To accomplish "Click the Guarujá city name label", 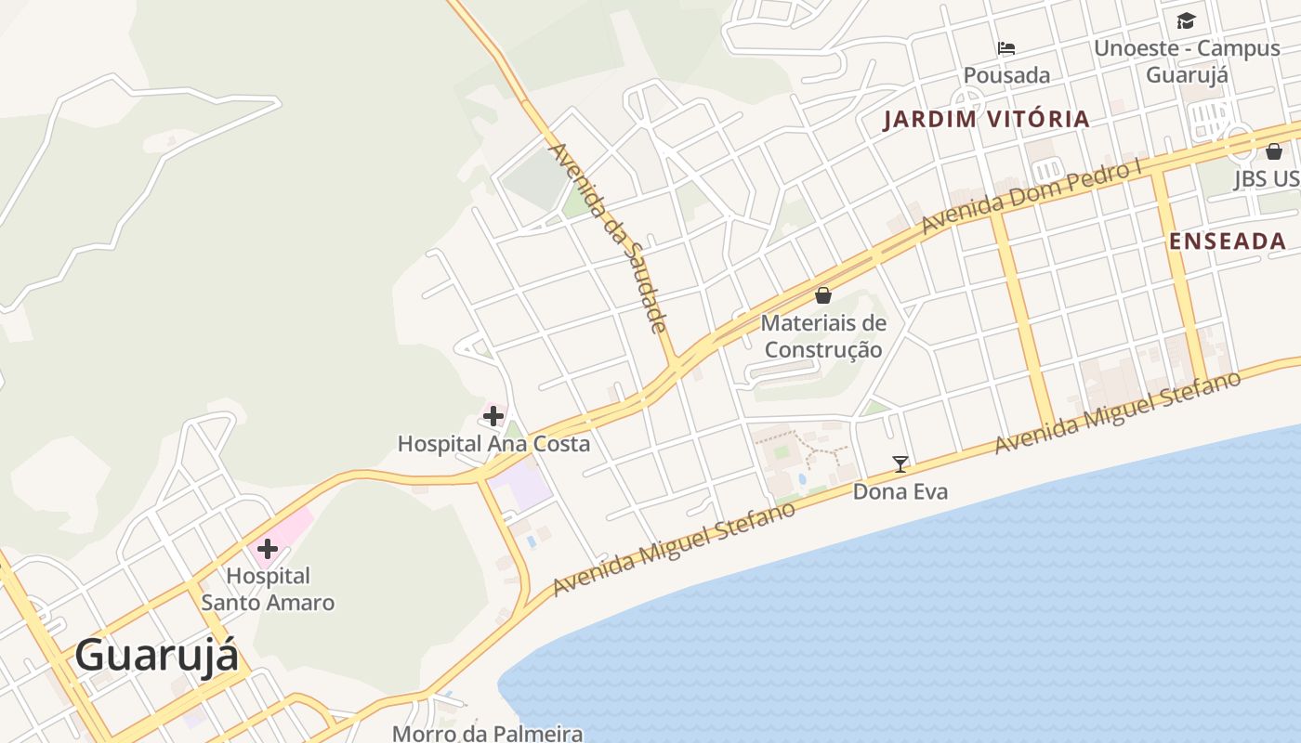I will [156, 655].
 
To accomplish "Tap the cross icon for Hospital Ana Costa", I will [493, 416].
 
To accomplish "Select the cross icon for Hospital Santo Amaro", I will [268, 548].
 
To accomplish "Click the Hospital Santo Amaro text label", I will [268, 589].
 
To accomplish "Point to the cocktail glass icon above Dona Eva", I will [900, 463].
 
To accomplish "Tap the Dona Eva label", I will [900, 491].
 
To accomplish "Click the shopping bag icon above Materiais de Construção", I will [822, 295].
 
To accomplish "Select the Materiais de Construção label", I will [822, 336].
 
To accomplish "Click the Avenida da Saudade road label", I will [609, 238].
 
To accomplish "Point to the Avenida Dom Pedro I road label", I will [1031, 198].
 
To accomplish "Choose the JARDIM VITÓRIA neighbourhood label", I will [986, 119].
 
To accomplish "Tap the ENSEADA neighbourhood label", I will [1227, 241].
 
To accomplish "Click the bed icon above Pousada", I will [1005, 48].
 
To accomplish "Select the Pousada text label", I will [1005, 75].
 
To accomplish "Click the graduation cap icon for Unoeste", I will [1186, 20].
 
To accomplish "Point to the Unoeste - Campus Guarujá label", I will [1186, 61].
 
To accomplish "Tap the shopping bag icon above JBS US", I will [1273, 151].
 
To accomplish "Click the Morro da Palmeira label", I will [487, 733].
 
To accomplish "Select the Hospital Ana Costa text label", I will [493, 444].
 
